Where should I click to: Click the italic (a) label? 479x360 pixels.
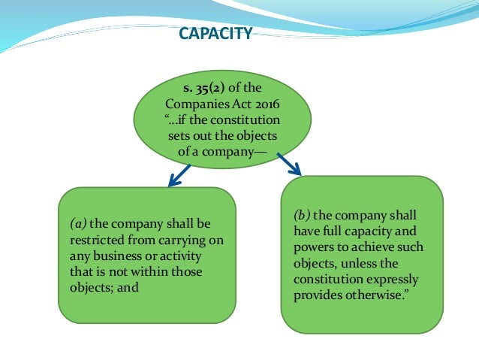[x=79, y=223]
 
